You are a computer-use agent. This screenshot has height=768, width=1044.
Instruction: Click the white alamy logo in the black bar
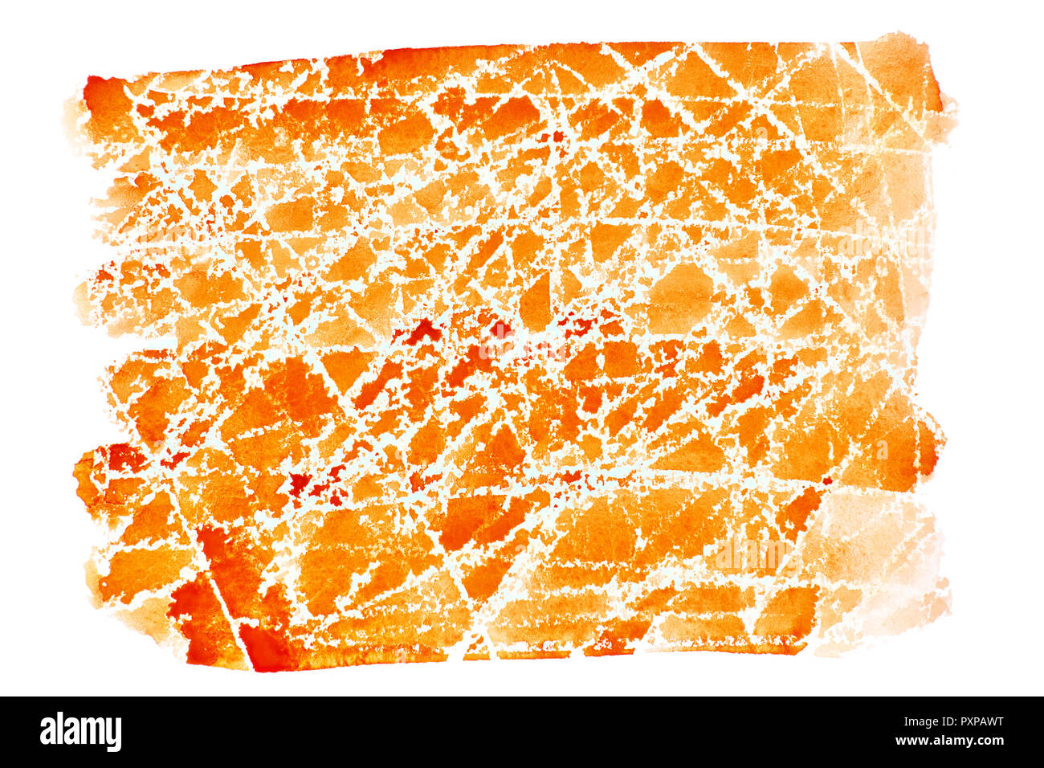tap(80, 732)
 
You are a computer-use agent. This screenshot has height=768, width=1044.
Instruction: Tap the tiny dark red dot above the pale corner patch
tap(826, 480)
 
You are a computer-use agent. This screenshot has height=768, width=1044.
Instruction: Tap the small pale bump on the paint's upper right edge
tap(948, 104)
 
